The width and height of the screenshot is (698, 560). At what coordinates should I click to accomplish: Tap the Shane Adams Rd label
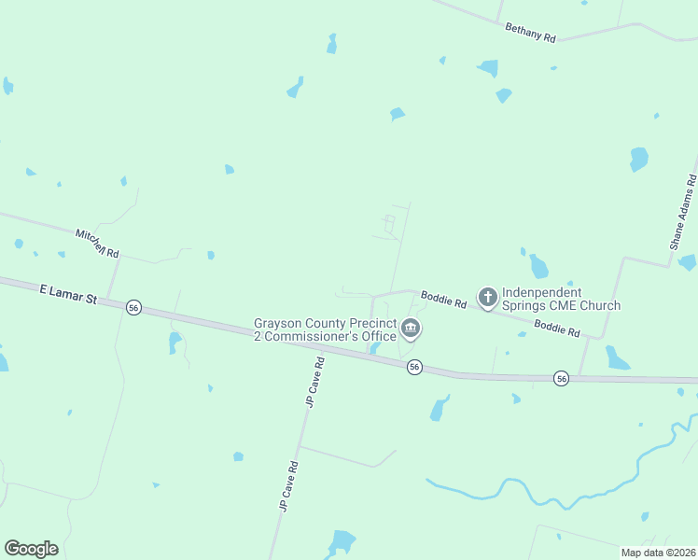[x=683, y=213]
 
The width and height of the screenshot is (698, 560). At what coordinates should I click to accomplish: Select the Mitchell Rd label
[x=98, y=244]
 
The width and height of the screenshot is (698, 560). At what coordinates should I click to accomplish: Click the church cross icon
[x=487, y=298]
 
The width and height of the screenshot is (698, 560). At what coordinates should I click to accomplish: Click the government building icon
[x=411, y=329]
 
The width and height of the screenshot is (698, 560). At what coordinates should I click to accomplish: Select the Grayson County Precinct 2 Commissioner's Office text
[x=325, y=329]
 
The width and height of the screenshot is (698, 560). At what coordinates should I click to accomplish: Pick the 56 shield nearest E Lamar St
[x=134, y=308]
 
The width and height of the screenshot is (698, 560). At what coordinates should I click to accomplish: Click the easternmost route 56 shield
[x=561, y=378]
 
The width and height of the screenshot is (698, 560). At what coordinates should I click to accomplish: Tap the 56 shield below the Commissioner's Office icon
[x=415, y=368]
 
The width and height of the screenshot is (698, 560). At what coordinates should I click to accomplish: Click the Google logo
[x=31, y=549]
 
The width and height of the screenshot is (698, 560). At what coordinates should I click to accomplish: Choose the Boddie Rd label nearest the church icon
[x=443, y=300]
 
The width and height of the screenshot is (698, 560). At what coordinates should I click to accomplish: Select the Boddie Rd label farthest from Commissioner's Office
[x=557, y=329]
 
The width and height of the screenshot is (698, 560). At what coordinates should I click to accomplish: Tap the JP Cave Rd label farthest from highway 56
[x=287, y=485]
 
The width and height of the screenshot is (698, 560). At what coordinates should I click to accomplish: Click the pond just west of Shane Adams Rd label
[x=638, y=159]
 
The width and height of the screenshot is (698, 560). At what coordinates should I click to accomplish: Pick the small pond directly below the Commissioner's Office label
[x=374, y=348]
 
